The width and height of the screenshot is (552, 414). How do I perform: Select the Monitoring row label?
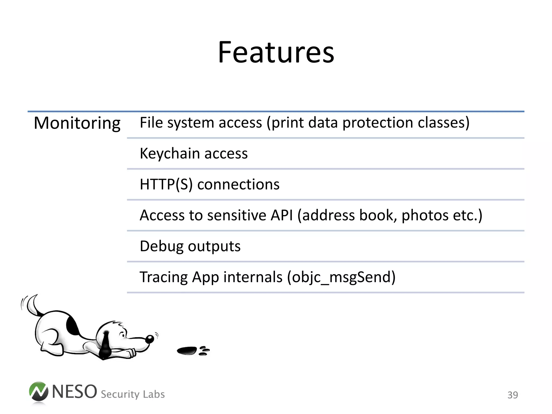[x=77, y=123]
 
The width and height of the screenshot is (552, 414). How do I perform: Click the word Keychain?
[x=169, y=153]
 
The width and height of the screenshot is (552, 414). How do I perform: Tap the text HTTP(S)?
[x=166, y=184]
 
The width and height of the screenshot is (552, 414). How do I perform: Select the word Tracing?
[x=163, y=277]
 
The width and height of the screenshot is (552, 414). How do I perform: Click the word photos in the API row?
[x=425, y=215]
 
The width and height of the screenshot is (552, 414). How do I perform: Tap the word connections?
[x=238, y=184]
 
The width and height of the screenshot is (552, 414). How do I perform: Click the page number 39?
[x=512, y=395]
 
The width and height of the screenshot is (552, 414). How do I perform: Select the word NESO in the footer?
[x=74, y=392]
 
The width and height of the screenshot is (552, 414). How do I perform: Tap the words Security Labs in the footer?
[x=133, y=394]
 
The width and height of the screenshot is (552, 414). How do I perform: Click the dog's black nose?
[x=150, y=339]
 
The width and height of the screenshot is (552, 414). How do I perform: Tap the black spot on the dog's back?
[x=71, y=326]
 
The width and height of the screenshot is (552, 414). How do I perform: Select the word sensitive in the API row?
[x=237, y=215]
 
